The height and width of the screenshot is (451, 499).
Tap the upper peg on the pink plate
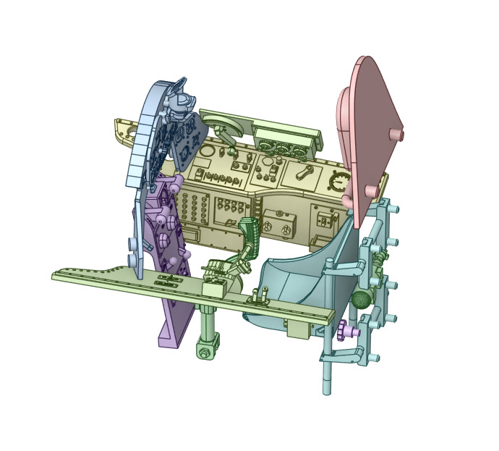pos(396,135)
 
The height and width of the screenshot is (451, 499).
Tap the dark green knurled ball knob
pos(362,298)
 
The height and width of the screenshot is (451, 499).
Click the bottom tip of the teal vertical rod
pos(328,390)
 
